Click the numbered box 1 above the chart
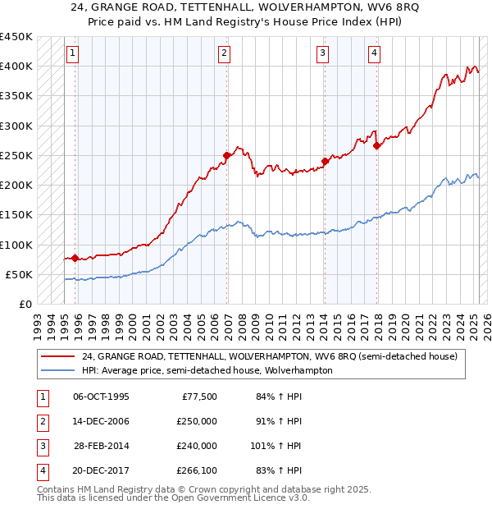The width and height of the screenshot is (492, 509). coord(72,53)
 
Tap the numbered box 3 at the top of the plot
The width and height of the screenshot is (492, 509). coord(323,53)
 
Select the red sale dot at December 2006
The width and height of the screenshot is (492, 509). coord(226,154)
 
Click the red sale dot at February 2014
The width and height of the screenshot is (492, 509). coord(325,161)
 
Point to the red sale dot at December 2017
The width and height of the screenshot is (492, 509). coord(376,146)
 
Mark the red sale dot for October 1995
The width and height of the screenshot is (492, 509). coord(75,258)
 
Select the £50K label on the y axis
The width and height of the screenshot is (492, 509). coord(20,274)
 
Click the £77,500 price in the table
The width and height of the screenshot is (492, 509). coord(197,397)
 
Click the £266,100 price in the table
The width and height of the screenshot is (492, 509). coord(197,470)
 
